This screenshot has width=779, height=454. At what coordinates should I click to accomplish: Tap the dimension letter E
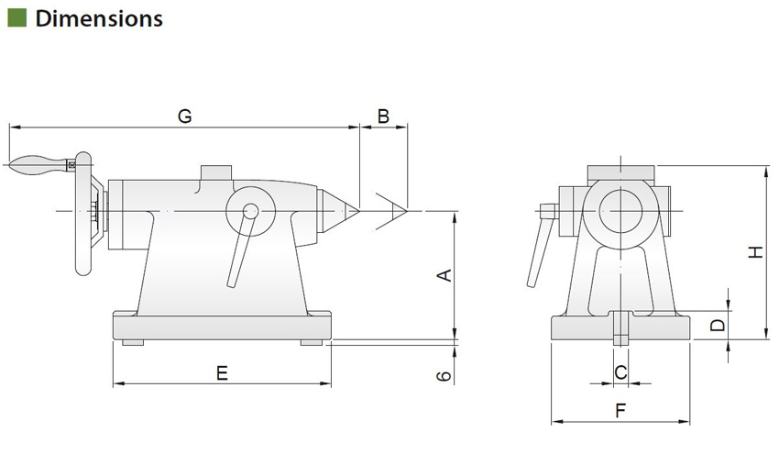[x=221, y=372]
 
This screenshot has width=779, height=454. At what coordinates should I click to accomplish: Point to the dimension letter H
[x=753, y=252]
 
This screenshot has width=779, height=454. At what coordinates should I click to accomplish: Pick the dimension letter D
[x=718, y=324]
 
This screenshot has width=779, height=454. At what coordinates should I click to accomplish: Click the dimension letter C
[x=620, y=372]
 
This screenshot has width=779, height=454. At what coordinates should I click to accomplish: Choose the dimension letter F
[x=620, y=412]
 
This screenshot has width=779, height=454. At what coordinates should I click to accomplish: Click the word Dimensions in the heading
[x=99, y=17]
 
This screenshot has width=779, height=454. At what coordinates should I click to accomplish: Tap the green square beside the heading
[x=16, y=17]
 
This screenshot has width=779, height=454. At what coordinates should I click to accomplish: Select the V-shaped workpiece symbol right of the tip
[x=394, y=212]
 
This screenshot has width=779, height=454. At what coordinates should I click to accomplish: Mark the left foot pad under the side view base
[x=132, y=343]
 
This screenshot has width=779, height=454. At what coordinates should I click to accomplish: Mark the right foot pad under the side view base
[x=312, y=343]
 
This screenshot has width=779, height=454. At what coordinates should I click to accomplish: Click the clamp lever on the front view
[x=538, y=248]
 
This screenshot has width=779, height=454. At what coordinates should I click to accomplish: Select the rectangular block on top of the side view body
[x=217, y=172]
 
